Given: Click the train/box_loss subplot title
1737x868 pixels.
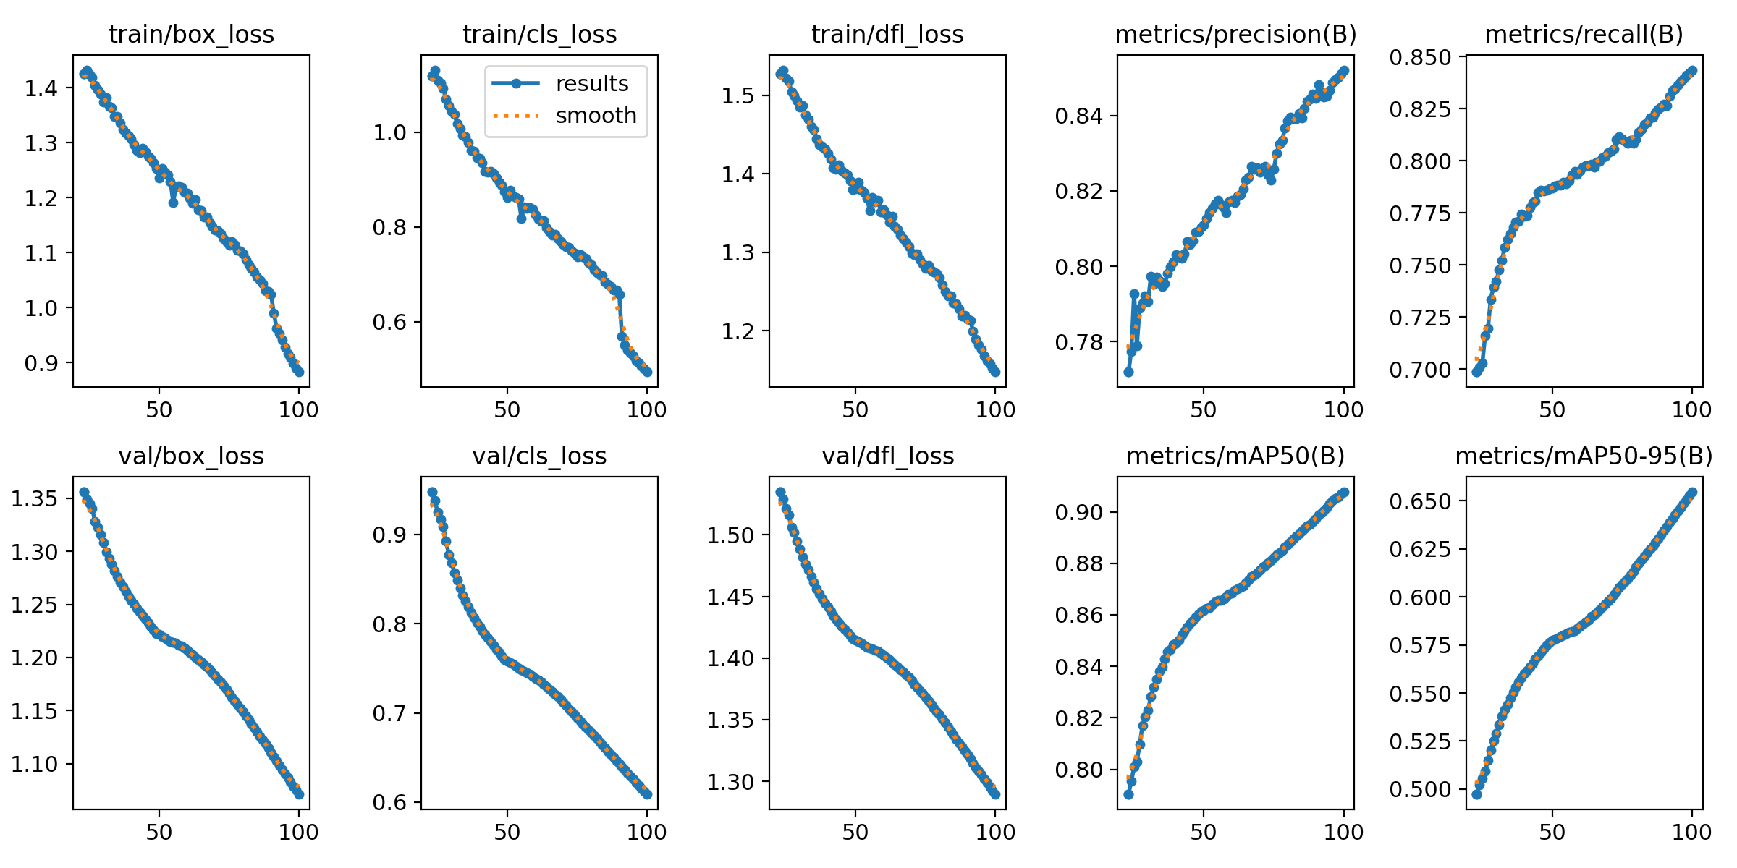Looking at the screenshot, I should coord(191,35).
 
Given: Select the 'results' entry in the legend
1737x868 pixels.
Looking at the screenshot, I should coord(591,84).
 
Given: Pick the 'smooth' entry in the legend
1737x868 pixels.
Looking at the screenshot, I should coord(596,116).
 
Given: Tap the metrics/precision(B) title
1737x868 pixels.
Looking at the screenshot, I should coord(1235,35).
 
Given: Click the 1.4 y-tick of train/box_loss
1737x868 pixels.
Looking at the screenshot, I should coord(41,88).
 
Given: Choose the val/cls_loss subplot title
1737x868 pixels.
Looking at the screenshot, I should coord(539,456).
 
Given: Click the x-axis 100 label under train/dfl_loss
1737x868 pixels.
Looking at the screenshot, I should coord(995,410).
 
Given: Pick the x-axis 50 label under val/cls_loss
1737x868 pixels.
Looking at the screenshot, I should coord(507,832).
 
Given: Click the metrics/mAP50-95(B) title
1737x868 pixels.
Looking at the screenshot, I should coord(1584,456).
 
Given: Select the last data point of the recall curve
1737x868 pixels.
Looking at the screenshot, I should coord(1692,71).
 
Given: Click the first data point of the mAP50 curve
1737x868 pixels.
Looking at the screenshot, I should coord(1128,794).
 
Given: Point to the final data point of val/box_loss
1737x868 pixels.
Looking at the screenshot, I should coord(299,794).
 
